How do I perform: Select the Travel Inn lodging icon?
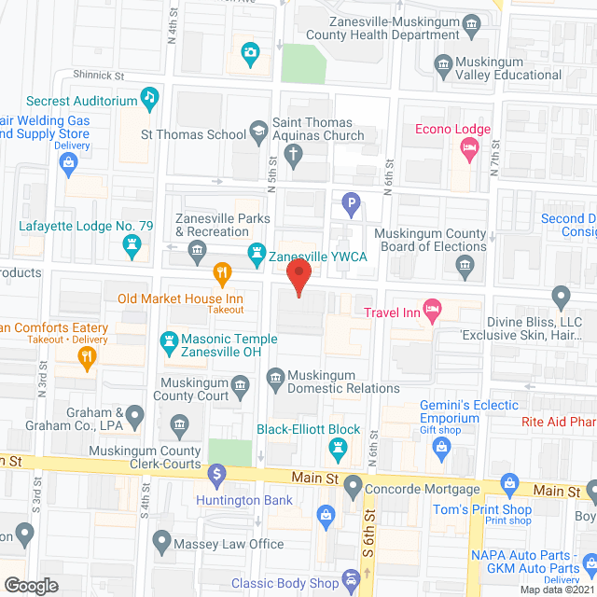432,311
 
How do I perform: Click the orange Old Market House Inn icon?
222,274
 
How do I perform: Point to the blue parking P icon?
351,201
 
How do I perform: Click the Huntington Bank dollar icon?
216,475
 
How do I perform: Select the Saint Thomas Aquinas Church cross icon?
295,155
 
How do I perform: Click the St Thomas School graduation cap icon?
257,133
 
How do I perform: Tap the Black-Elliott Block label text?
308,430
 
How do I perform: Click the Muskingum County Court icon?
240,385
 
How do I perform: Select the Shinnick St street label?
98,75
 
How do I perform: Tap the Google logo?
30,585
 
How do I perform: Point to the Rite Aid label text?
559,422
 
